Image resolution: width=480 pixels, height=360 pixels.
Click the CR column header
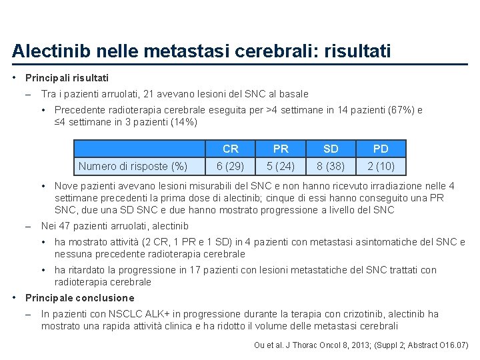point(231,149)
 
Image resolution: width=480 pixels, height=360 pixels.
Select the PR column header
point(281,149)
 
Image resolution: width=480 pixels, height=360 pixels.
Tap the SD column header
point(331,149)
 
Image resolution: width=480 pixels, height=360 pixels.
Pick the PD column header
point(381,149)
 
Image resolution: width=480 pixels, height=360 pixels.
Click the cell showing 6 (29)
point(231,166)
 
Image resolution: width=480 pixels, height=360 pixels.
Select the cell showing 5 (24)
point(281,166)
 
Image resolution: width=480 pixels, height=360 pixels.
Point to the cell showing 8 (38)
point(331,166)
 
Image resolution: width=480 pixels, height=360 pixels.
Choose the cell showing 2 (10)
point(381,166)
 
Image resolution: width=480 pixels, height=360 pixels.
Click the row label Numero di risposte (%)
point(133,166)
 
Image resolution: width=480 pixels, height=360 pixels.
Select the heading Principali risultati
point(67,78)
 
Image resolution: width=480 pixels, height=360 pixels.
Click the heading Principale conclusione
point(79,298)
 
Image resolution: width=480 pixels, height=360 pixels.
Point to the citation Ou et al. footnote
point(361,345)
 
